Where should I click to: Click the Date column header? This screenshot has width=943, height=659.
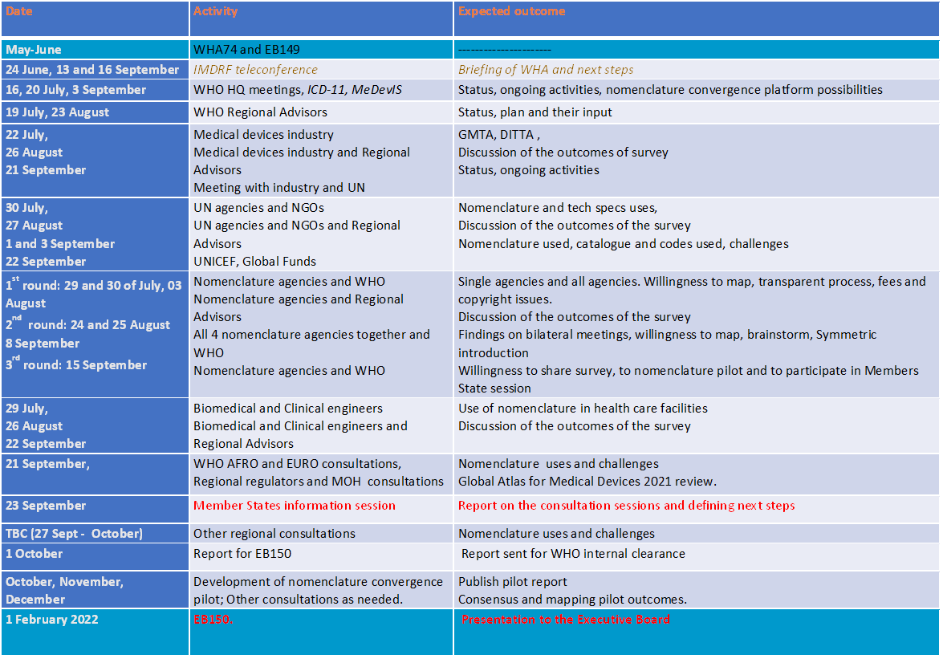(19, 11)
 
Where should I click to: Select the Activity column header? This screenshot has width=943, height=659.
(215, 11)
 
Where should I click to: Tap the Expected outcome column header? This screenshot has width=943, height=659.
(511, 11)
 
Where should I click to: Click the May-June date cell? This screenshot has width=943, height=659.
(34, 50)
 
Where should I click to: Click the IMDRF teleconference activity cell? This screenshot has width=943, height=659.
(255, 70)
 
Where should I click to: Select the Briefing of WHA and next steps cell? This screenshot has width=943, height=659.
(546, 70)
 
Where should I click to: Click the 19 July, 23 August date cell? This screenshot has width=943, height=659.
(58, 112)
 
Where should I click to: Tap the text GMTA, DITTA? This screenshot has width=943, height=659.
(495, 135)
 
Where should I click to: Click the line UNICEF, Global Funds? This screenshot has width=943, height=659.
(254, 261)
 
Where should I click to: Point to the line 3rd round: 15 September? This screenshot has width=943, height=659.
(76, 365)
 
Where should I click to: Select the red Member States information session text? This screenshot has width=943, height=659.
(295, 506)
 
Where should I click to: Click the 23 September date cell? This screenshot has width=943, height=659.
(46, 506)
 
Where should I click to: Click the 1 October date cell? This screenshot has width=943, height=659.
(34, 553)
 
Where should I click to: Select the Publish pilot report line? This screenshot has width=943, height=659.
(512, 582)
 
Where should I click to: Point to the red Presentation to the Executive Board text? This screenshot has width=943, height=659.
(565, 620)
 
